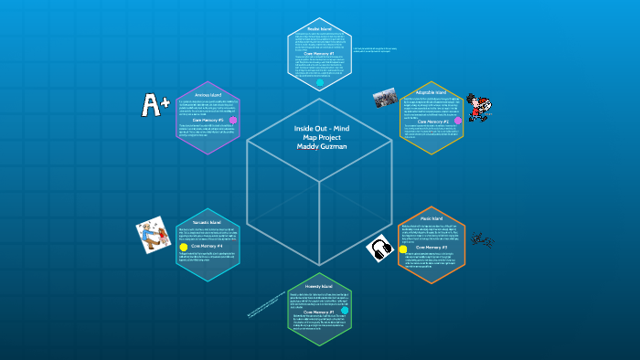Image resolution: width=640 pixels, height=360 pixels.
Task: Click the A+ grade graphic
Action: pos(155,104)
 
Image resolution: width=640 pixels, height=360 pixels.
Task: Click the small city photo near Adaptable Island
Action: pos(384,96)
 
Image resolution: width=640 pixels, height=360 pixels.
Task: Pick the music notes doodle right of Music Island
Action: pos(481,238)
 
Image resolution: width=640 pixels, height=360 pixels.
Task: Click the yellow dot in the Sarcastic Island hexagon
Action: pos(184,247)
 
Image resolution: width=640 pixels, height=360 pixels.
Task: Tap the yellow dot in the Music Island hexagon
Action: pos(403,248)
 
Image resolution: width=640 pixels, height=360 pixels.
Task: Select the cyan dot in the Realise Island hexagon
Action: pos(320,83)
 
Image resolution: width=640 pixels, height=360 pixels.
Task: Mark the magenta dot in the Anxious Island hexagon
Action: pos(233,120)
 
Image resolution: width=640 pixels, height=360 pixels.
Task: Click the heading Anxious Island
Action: pos(208,93)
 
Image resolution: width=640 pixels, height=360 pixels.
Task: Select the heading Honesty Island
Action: pos(319,286)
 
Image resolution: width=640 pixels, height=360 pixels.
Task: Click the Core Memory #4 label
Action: pos(209,246)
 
